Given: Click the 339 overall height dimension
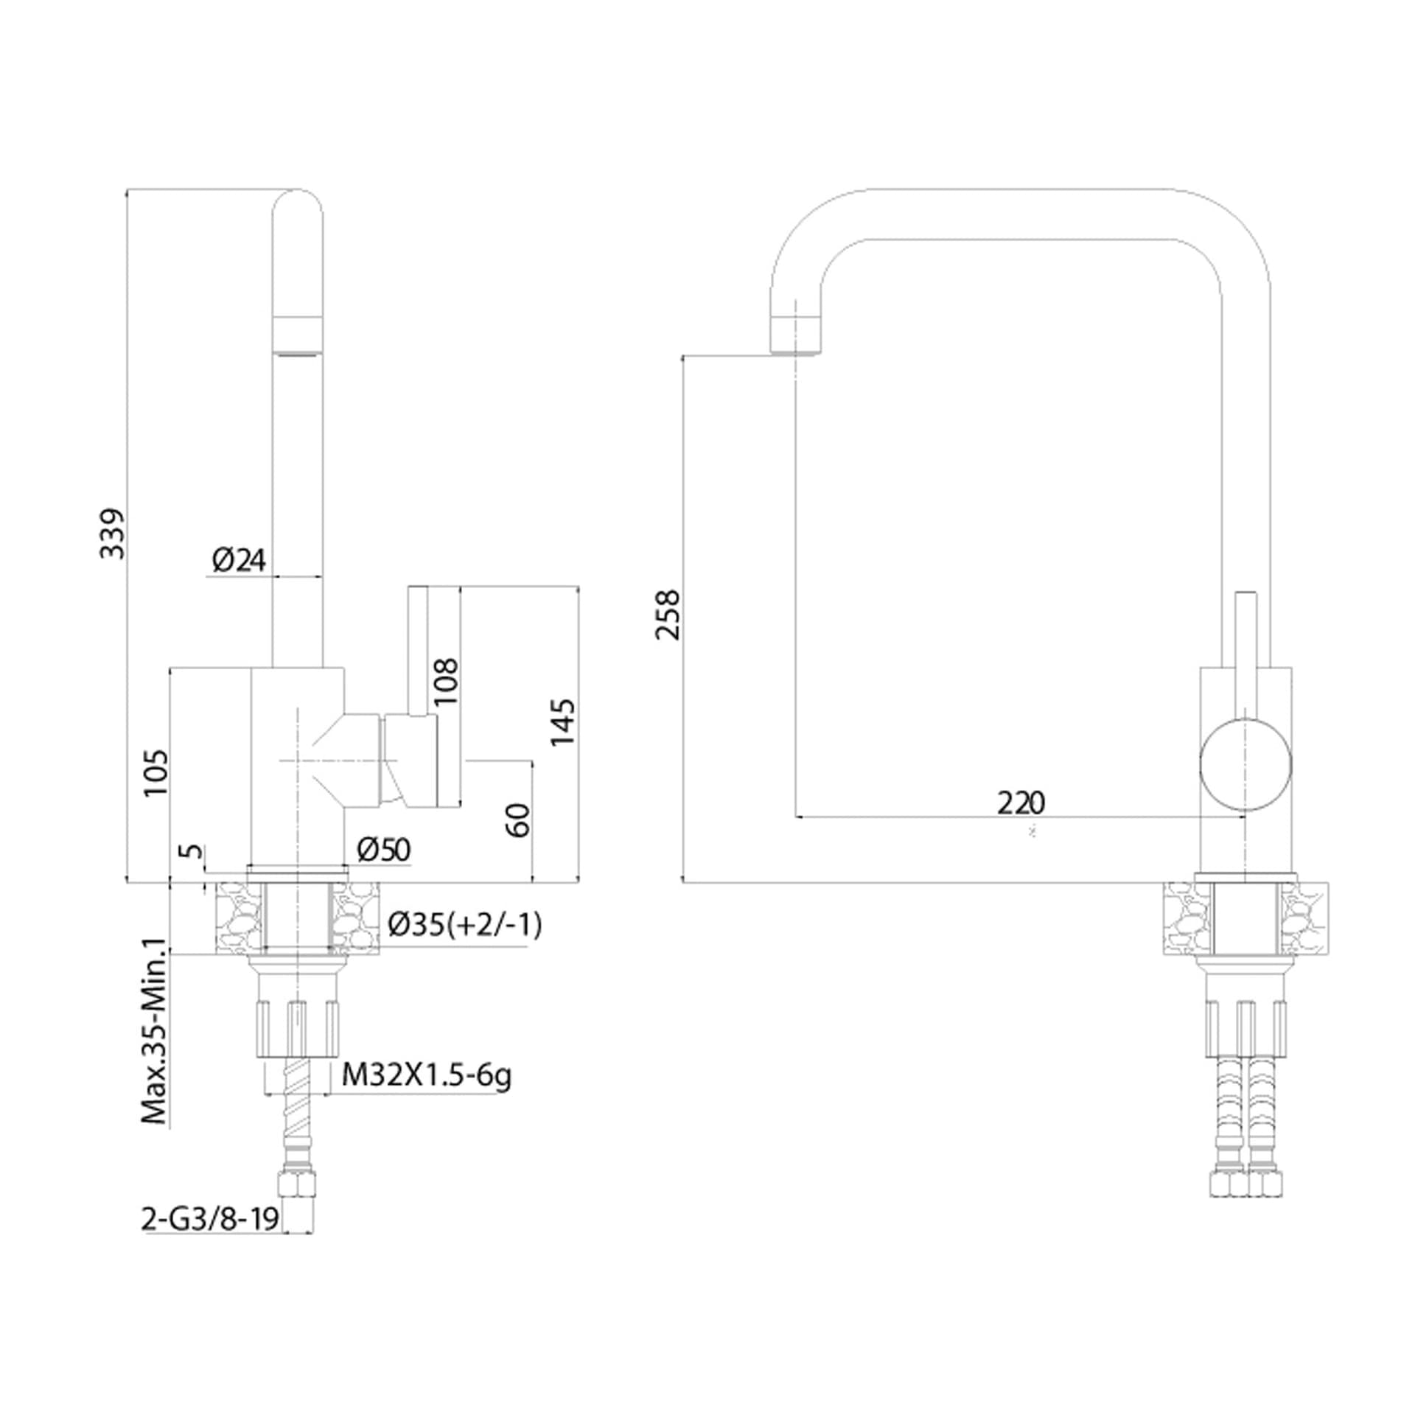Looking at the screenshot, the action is click(113, 533).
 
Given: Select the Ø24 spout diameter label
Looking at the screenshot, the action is click(239, 561).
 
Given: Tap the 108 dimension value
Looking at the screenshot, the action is click(446, 681).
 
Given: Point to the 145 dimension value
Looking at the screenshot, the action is click(562, 722).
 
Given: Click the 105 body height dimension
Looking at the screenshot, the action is click(156, 773).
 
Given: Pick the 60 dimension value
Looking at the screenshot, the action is click(519, 820).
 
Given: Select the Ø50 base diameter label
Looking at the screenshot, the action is click(383, 850).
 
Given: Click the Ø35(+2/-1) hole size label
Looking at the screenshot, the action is click(465, 924).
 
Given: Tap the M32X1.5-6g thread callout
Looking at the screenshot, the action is click(427, 1076).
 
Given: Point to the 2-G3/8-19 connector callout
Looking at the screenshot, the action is click(210, 1220).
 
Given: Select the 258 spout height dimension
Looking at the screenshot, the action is click(669, 615).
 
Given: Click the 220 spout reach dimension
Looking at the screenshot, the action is click(1021, 803).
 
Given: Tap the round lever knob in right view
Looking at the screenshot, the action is click(1245, 766).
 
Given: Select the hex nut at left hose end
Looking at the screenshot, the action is click(296, 1186).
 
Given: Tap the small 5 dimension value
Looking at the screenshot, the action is click(192, 850).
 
